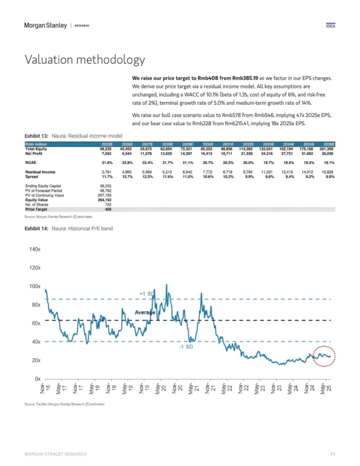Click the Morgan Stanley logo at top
click(x=45, y=26)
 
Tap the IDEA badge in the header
click(x=330, y=26)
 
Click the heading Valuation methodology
click(x=85, y=60)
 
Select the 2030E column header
click(x=208, y=144)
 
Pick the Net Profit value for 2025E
click(x=107, y=154)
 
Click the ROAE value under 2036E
click(x=329, y=163)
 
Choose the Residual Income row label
click(x=40, y=172)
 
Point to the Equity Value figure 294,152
click(x=105, y=200)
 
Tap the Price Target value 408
click(x=108, y=209)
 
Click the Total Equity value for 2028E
click(x=166, y=149)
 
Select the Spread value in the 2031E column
click(x=228, y=177)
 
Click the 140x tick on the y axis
click(x=35, y=249)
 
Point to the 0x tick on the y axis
click(x=38, y=379)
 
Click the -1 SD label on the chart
click(x=186, y=347)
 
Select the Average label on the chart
click(x=145, y=312)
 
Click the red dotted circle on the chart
click(x=324, y=356)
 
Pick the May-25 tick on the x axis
click(x=326, y=388)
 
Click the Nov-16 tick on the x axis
click(x=45, y=388)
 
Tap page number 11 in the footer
click(x=332, y=454)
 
